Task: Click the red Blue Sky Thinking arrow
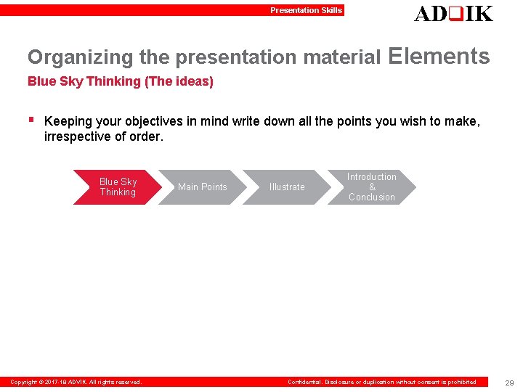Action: pyautogui.click(x=117, y=187)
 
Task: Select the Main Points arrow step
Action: pyautogui.click(x=202, y=187)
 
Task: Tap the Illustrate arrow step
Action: pyautogui.click(x=287, y=187)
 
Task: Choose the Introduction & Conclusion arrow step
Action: pyautogui.click(x=371, y=187)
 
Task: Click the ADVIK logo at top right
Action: pyautogui.click(x=453, y=13)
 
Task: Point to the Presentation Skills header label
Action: pyautogui.click(x=306, y=10)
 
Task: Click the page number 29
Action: pyautogui.click(x=508, y=383)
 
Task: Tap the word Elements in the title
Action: pyautogui.click(x=439, y=56)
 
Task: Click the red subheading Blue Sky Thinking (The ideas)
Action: pyautogui.click(x=121, y=81)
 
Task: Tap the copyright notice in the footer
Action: pyautogui.click(x=76, y=382)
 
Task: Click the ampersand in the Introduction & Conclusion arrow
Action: pyautogui.click(x=372, y=187)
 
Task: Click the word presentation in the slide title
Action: pyautogui.click(x=237, y=57)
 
